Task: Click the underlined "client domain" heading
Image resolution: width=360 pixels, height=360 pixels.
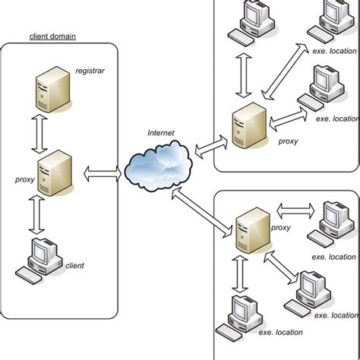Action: (x=56, y=36)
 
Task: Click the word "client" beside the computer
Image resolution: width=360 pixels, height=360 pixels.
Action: (x=74, y=265)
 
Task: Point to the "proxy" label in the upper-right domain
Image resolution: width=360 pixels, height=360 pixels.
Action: (x=287, y=140)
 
